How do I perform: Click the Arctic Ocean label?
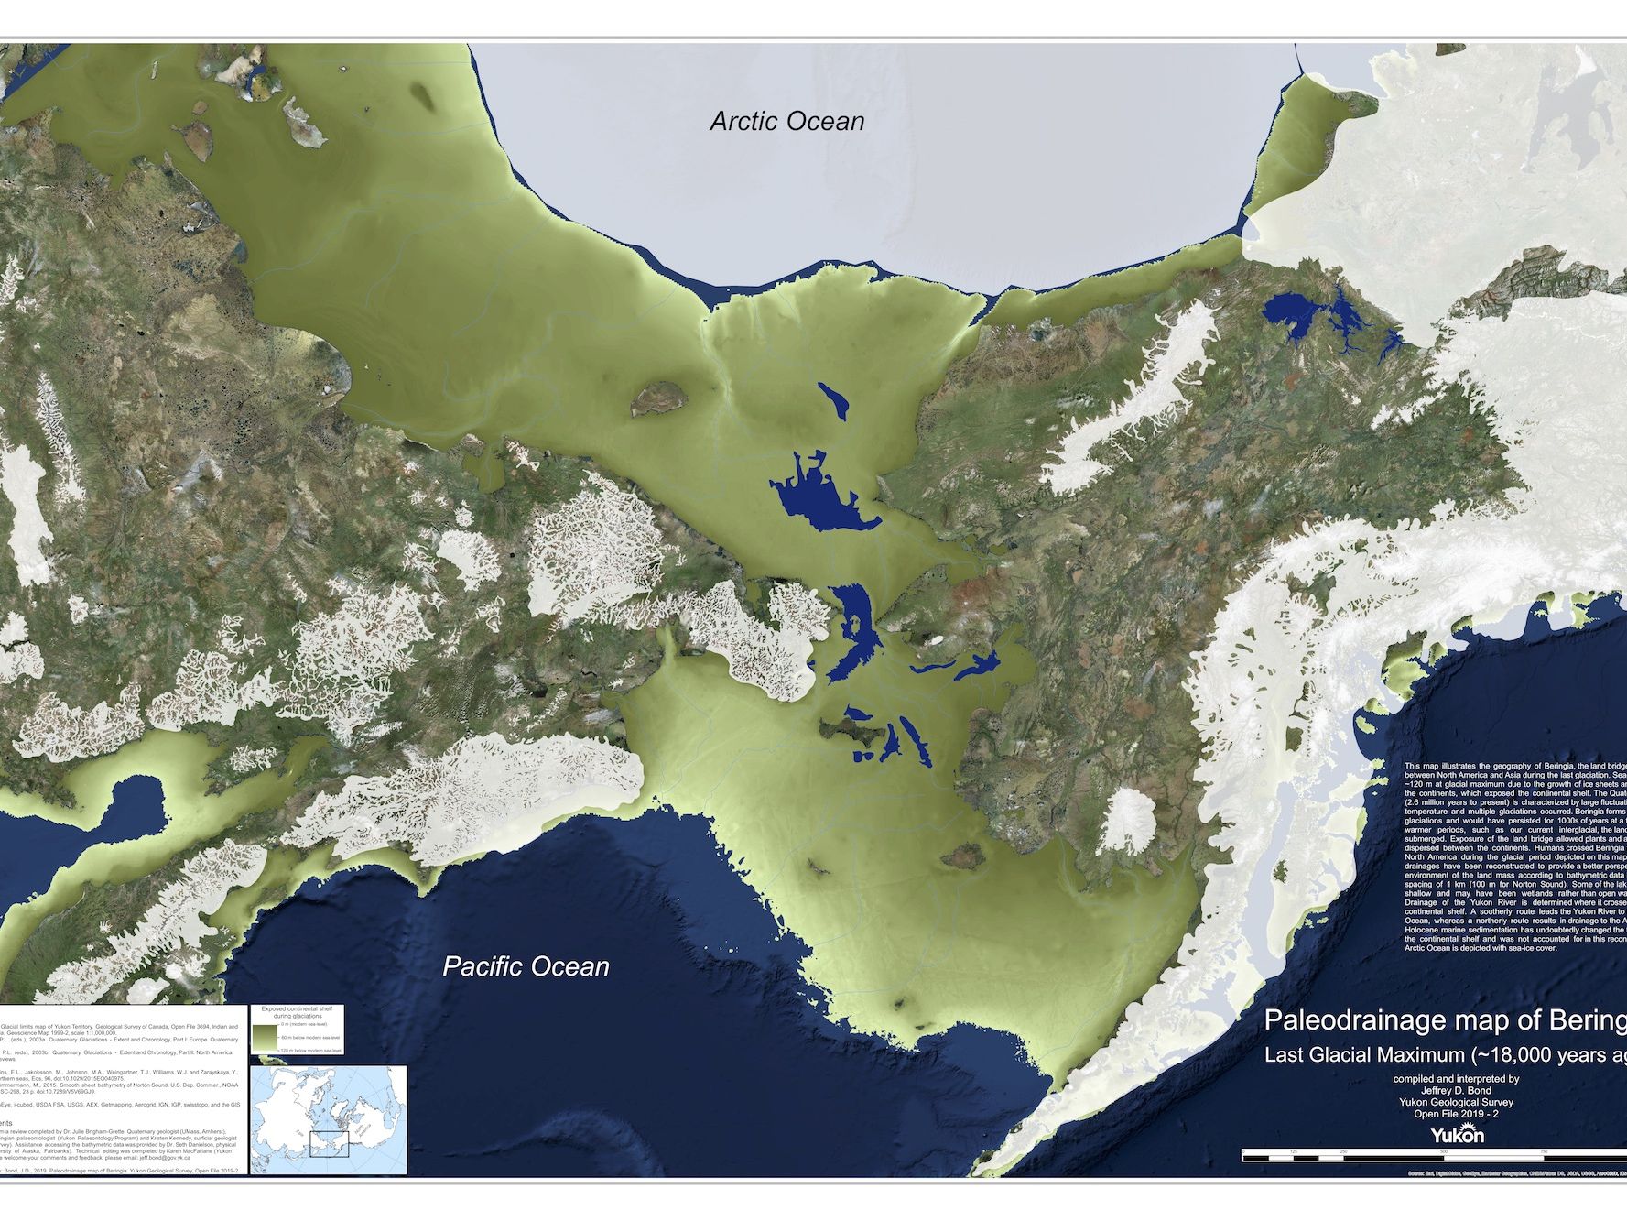pyautogui.click(x=786, y=121)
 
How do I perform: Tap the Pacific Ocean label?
pyautogui.click(x=526, y=966)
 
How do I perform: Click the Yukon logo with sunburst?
pyautogui.click(x=1458, y=1134)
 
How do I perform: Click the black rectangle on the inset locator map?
pyautogui.click(x=330, y=1144)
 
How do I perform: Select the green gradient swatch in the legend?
pyautogui.click(x=266, y=1037)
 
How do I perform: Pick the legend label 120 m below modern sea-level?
pyautogui.click(x=311, y=1051)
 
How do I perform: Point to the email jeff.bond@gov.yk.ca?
pyautogui.click(x=165, y=1158)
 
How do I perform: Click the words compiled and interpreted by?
pyautogui.click(x=1456, y=1079)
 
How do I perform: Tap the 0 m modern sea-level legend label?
pyautogui.click(x=304, y=1024)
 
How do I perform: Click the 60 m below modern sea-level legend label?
pyautogui.click(x=310, y=1038)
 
